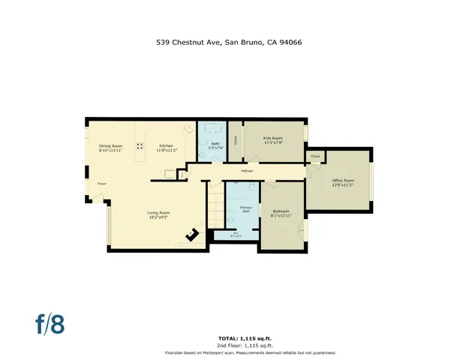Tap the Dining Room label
[x=110, y=148]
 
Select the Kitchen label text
[x=164, y=148]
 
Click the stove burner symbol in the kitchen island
[x=140, y=148]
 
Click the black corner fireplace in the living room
[x=193, y=235]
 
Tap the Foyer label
[x=101, y=183]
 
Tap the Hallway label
[x=247, y=172]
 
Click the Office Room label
[x=343, y=183]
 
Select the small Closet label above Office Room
[x=315, y=157]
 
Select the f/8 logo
[x=50, y=323]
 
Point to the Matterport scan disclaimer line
[x=250, y=352]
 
